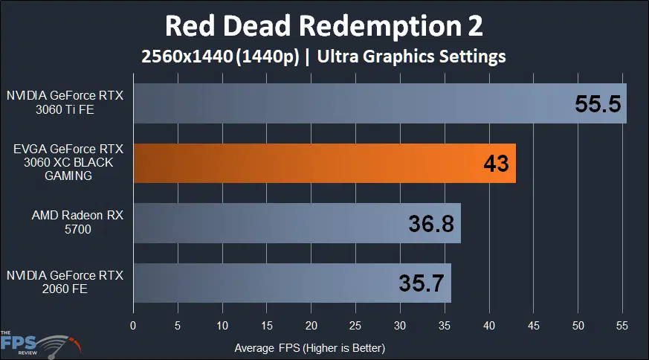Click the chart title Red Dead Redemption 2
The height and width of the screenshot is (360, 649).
(x=324, y=26)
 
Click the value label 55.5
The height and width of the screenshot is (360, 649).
(x=597, y=103)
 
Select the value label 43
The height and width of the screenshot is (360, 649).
(x=495, y=164)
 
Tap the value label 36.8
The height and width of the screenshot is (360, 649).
(x=431, y=224)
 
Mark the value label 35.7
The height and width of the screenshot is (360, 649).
(x=422, y=283)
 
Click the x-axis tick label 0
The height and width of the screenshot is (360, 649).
(x=133, y=326)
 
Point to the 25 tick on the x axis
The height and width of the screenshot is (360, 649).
(x=355, y=326)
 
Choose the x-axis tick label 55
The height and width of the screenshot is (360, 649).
(x=622, y=326)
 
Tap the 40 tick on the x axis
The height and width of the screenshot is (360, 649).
(x=489, y=326)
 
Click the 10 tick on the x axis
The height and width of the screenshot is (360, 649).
(x=222, y=326)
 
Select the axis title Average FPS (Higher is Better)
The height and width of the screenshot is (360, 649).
(x=310, y=347)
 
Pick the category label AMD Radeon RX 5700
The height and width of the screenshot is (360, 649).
(x=66, y=223)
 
